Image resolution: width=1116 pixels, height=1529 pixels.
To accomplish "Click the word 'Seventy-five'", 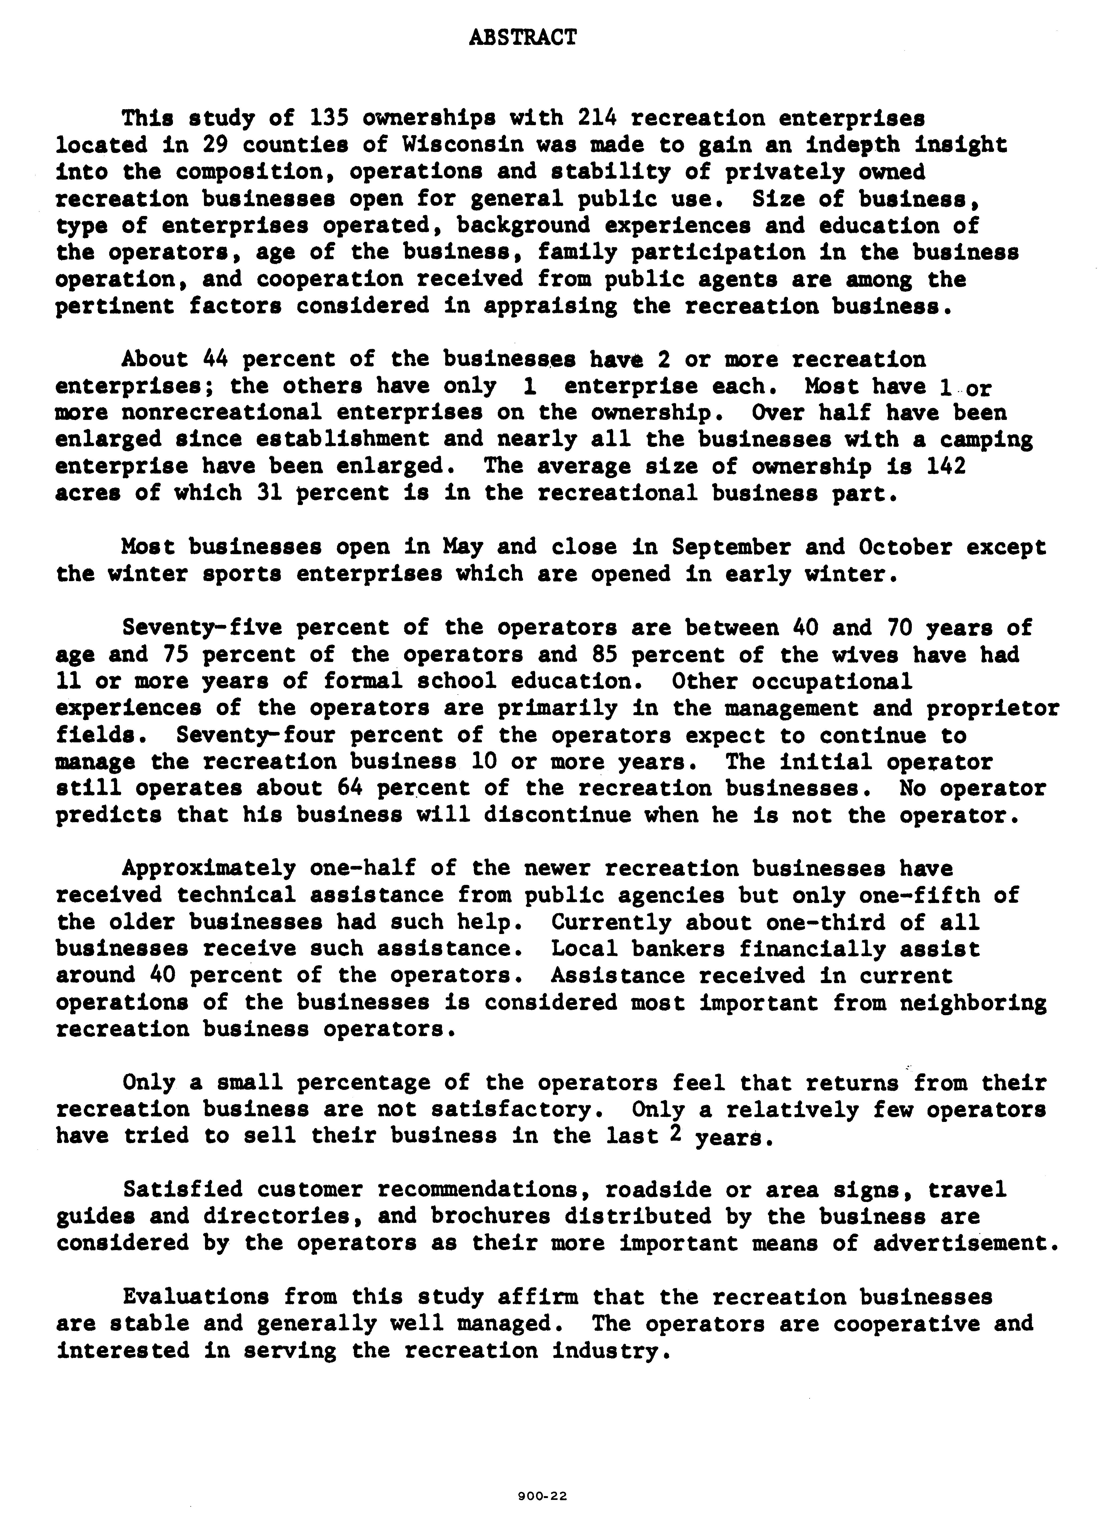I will click(x=202, y=628).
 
